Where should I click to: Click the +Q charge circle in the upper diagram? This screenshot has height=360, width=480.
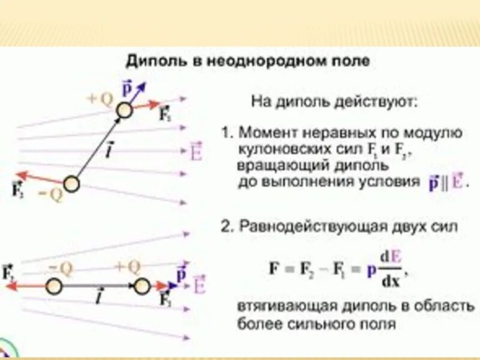point(124,110)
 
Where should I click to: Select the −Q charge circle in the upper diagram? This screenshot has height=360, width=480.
point(71,184)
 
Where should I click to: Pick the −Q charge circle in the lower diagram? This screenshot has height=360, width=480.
point(55,286)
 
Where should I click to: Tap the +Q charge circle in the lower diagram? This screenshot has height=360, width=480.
point(142,286)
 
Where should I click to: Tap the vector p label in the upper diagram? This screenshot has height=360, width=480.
point(127,89)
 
